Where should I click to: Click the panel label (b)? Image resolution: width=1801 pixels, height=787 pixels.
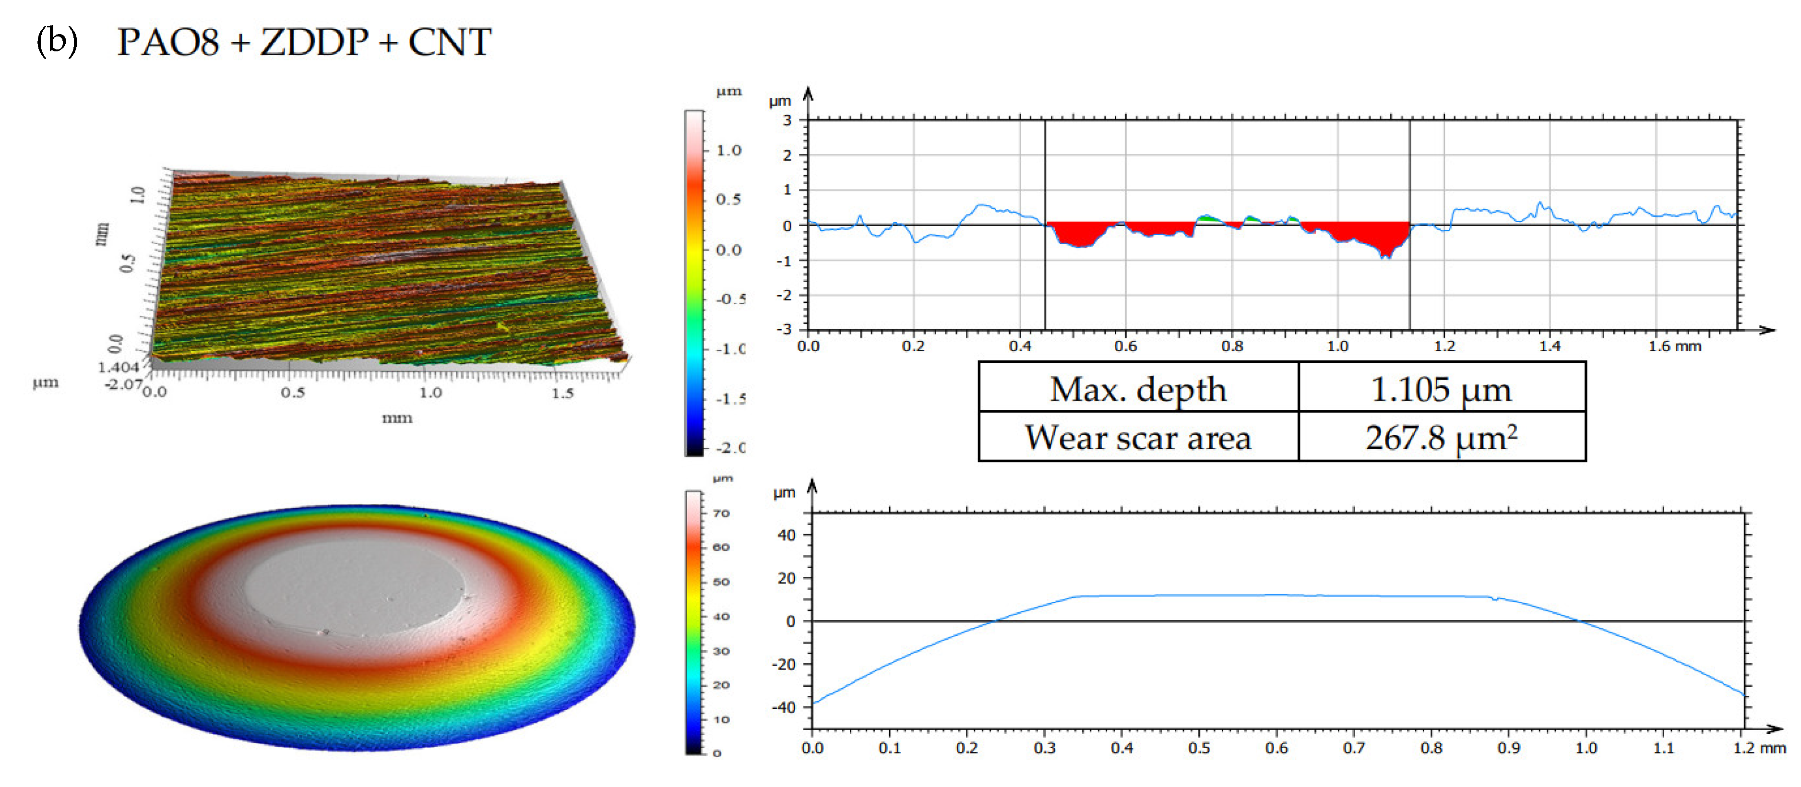(x=57, y=41)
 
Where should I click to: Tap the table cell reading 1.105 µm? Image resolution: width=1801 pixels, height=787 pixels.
(x=1441, y=389)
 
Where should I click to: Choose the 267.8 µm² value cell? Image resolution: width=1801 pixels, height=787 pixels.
(x=1441, y=438)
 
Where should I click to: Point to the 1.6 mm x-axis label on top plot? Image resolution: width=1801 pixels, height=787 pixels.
(x=1674, y=346)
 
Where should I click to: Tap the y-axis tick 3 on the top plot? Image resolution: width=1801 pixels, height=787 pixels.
(x=787, y=120)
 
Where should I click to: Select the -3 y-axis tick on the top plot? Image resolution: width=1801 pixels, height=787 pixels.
(x=785, y=329)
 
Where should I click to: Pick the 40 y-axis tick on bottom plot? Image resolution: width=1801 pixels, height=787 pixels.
(x=787, y=536)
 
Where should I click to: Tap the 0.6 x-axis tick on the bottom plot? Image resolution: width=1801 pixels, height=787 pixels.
(x=1276, y=748)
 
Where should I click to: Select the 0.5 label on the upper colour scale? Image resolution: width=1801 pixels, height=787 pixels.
(x=728, y=199)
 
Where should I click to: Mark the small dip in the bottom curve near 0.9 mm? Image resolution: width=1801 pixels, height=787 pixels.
(x=1495, y=599)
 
